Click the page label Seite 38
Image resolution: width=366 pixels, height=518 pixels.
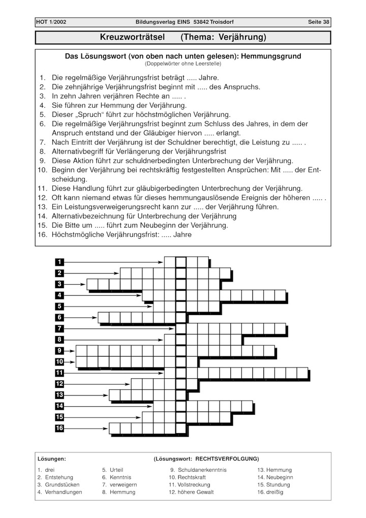pos(319,22)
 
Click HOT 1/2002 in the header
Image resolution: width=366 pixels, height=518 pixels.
pos(51,22)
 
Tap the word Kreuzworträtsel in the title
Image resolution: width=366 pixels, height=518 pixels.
pos(132,38)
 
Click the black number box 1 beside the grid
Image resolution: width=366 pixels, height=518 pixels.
pos(59,262)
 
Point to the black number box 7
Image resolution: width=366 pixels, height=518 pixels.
pos(59,328)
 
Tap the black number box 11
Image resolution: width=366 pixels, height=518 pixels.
pos(59,373)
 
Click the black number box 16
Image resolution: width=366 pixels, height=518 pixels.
pos(59,428)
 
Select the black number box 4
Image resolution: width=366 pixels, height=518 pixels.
pos(59,295)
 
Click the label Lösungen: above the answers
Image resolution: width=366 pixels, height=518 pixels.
pos(51,459)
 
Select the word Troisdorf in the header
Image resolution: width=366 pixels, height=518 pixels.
pos(219,22)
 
